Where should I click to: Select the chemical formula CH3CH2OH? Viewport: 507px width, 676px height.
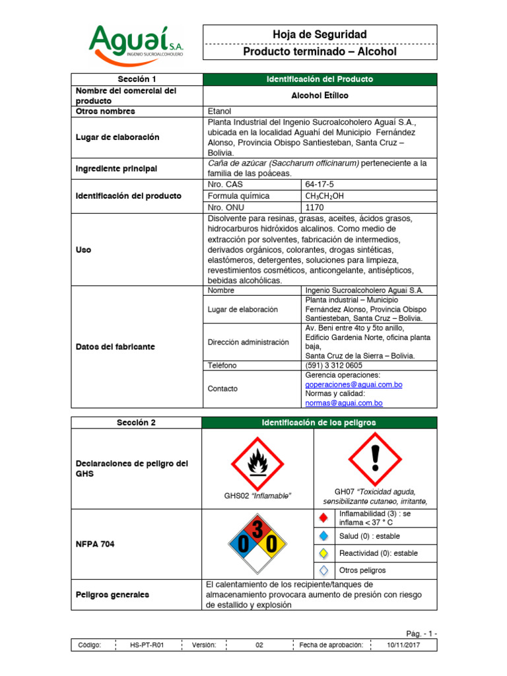point(324,195)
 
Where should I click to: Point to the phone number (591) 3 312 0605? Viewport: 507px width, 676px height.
point(333,365)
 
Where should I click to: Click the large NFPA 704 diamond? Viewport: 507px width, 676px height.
point(257,545)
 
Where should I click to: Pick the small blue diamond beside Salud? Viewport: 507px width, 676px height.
point(323,536)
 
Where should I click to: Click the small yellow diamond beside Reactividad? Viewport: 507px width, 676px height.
point(323,553)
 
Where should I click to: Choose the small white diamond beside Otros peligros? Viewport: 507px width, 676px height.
point(323,570)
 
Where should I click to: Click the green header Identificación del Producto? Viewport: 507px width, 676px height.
point(320,79)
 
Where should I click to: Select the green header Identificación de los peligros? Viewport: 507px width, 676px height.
point(320,422)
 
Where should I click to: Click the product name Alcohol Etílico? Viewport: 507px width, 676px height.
point(320,96)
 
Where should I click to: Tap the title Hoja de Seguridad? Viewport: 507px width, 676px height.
point(320,34)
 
